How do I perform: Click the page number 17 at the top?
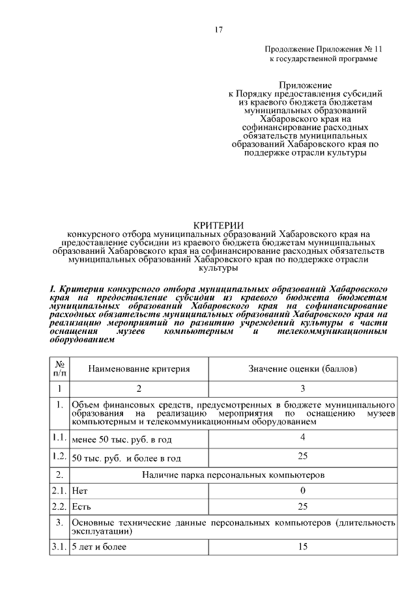(x=219, y=29)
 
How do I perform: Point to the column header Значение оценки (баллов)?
(x=302, y=368)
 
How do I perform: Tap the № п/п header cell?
(x=59, y=368)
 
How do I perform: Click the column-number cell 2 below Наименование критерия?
(x=139, y=389)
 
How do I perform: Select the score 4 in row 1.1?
(x=302, y=437)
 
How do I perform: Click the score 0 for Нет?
(x=302, y=489)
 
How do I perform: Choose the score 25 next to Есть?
(x=302, y=506)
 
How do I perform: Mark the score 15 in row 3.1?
(x=302, y=547)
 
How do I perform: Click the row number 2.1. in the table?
(x=59, y=489)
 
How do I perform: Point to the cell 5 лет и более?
(x=99, y=547)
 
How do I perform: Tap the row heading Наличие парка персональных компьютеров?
(x=233, y=474)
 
